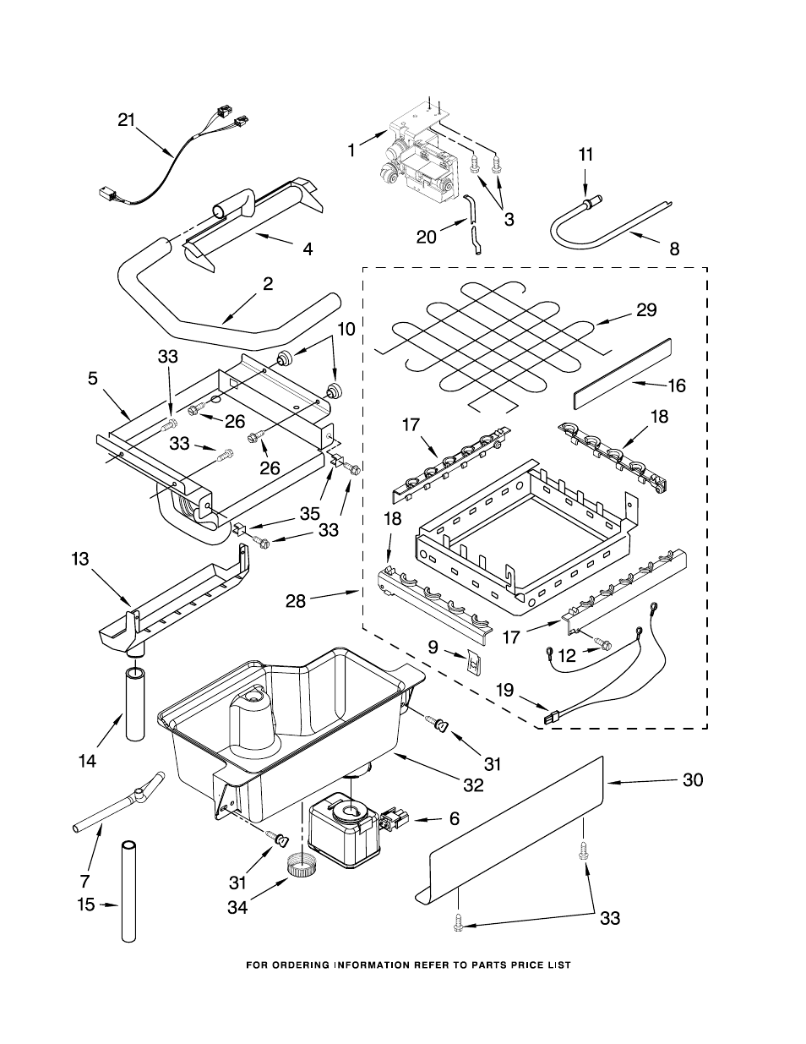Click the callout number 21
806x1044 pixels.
(126, 121)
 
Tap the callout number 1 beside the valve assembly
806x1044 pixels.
(351, 150)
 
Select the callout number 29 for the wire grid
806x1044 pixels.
(646, 310)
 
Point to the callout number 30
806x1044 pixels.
(692, 780)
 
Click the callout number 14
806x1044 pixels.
(87, 760)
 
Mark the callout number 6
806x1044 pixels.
(454, 819)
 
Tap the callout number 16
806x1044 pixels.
(677, 385)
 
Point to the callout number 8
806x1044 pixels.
(673, 249)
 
